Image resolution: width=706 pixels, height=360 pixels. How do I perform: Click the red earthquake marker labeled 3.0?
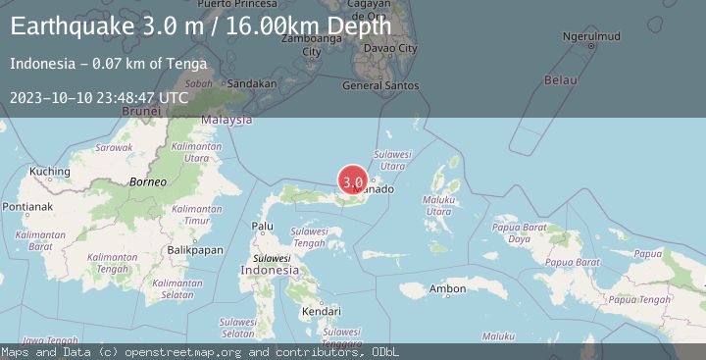(x=353, y=181)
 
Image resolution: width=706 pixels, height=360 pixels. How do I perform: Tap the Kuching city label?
(x=48, y=172)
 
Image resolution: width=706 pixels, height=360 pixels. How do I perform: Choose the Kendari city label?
(x=322, y=312)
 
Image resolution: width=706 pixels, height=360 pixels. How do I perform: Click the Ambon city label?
(x=447, y=288)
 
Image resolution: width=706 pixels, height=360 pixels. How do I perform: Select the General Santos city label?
(x=380, y=85)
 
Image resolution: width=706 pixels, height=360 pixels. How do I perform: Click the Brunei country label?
(x=140, y=112)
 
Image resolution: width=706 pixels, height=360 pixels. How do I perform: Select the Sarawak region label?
(x=114, y=147)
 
